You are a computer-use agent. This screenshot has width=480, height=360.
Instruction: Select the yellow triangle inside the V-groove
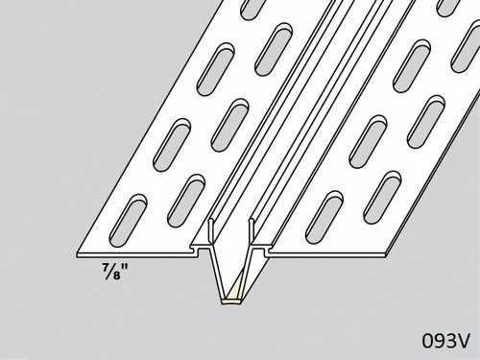tap(232, 284)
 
